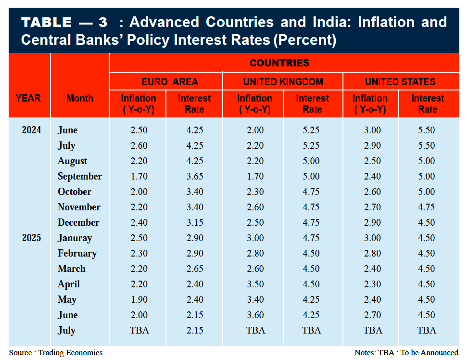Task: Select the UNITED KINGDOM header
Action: [283, 81]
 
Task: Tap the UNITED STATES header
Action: [400, 81]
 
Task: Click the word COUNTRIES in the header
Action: [279, 63]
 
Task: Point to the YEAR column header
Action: [28, 98]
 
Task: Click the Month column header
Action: [80, 98]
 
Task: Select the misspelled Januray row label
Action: [75, 238]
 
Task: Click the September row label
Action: [80, 176]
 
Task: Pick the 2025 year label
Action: [31, 238]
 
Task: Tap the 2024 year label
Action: [31, 130]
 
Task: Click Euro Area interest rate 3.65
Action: [194, 176]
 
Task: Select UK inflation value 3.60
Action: [254, 315]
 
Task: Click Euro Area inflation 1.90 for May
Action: [139, 299]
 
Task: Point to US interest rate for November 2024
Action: [427, 207]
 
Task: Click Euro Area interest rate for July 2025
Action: [194, 330]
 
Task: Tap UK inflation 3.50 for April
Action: [254, 284]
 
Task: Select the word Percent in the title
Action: [304, 39]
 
